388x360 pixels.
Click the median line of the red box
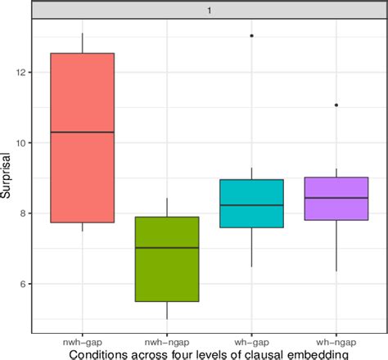pyautogui.click(x=83, y=132)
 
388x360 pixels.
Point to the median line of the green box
pyautogui.click(x=167, y=247)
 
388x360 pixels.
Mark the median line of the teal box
pyautogui.click(x=251, y=205)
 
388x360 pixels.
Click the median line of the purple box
pyautogui.click(x=336, y=198)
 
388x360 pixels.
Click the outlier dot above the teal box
pyautogui.click(x=251, y=36)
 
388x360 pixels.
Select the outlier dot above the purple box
pyautogui.click(x=336, y=105)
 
